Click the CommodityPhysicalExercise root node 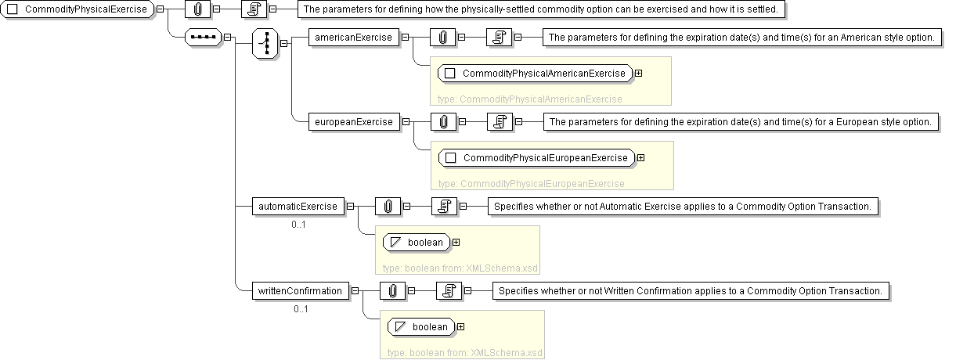[78, 9]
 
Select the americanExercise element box [353, 37]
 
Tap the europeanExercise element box [354, 121]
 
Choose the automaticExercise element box [298, 207]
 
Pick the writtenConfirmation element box [300, 290]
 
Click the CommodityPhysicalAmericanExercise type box [536, 74]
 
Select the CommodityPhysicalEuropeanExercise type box [537, 157]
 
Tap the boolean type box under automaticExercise [418, 242]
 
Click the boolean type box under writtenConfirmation [423, 326]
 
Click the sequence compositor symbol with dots [203, 37]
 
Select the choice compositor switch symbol [265, 42]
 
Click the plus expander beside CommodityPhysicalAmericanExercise [639, 74]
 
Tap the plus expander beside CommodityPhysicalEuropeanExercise [640, 157]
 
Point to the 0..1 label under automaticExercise [298, 225]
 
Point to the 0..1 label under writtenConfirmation [301, 308]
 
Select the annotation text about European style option [740, 121]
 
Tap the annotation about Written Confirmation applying [691, 290]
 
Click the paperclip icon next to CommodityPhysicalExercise [197, 9]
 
